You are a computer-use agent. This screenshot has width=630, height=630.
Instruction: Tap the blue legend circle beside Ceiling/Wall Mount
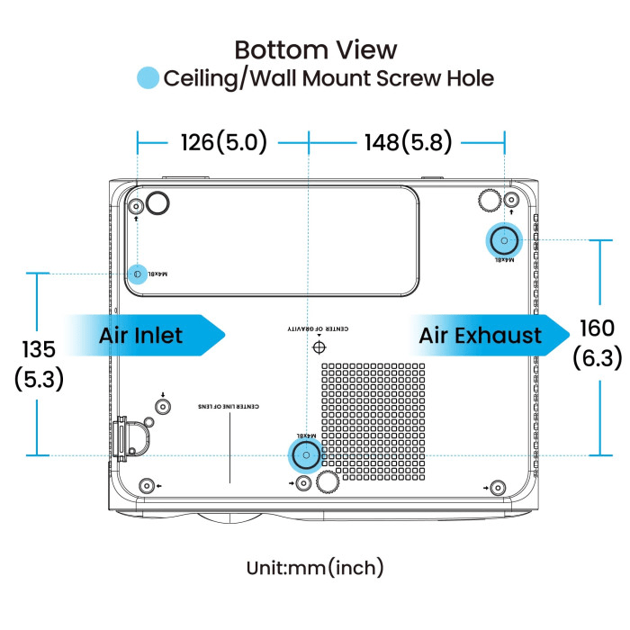point(148,78)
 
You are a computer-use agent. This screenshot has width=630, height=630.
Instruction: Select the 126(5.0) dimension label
point(223,142)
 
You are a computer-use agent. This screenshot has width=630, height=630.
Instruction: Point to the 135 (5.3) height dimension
point(39,364)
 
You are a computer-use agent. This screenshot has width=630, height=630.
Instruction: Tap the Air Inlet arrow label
point(141,336)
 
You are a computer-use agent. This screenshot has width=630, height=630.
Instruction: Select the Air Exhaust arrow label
point(481,336)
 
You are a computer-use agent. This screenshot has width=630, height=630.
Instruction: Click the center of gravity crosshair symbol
point(318,346)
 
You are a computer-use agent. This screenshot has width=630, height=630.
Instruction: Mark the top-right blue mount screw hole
point(504,239)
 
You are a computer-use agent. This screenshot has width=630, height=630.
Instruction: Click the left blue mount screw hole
point(138,273)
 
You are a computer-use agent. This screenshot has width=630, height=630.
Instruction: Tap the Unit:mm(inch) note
point(315,567)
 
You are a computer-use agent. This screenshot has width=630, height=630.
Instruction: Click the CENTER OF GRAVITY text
point(318,329)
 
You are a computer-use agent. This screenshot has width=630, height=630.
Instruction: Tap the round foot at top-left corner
point(157,203)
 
